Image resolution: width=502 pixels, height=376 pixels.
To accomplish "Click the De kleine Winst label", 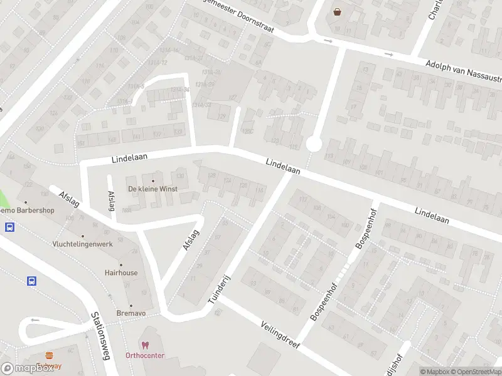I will [152, 189].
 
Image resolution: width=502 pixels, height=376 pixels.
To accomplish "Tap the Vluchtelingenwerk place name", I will [83, 244].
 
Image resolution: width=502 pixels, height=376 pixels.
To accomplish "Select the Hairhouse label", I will [121, 273].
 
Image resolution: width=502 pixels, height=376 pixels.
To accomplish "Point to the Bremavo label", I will [131, 313].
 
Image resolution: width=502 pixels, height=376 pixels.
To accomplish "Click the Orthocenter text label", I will [144, 355].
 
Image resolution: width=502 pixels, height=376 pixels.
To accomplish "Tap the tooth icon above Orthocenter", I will [145, 345].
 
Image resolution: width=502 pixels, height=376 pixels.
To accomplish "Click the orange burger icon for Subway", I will [49, 355].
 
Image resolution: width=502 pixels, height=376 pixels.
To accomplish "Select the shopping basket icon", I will [338, 11].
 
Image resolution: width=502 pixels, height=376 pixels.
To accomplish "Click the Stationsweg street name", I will [97, 336].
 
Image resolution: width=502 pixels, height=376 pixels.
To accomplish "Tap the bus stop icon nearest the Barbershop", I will [10, 227].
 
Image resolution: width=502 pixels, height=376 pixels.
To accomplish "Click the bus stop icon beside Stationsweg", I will [31, 281].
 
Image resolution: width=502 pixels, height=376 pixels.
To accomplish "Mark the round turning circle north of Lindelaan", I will [314, 145].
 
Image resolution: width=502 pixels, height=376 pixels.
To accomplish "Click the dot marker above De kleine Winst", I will [152, 180].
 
